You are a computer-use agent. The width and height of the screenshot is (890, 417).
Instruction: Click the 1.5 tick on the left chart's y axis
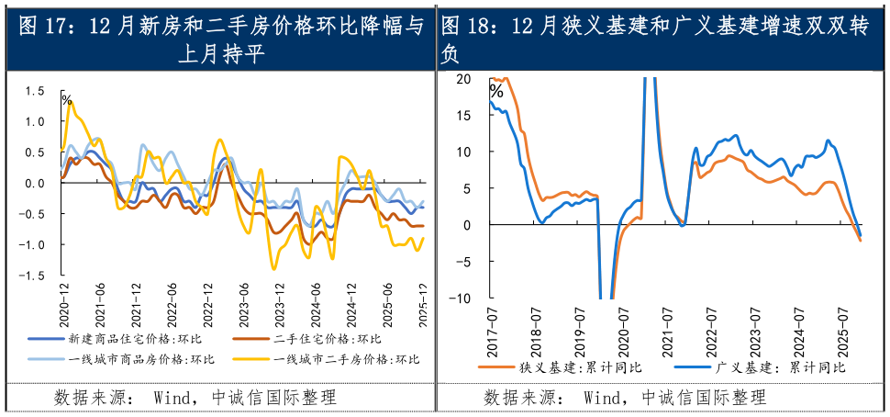(35, 91)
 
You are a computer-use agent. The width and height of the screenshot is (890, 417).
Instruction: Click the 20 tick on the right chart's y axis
(462, 79)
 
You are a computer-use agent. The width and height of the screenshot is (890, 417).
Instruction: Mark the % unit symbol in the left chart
(66, 98)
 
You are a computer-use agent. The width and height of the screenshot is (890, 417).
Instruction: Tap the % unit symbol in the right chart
(496, 91)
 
